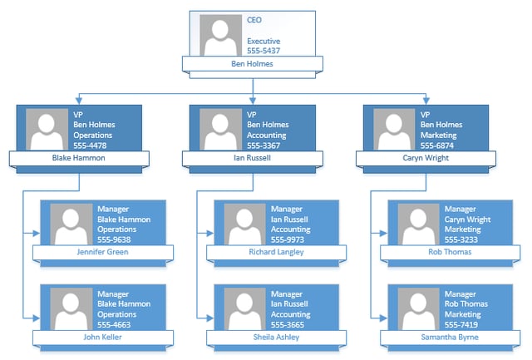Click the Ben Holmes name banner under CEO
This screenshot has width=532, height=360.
[252, 63]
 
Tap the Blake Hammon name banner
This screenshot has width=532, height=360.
[79, 157]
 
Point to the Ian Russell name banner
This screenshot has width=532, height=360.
[253, 157]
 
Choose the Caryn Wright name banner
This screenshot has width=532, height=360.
[426, 157]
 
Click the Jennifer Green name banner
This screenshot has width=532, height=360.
[102, 252]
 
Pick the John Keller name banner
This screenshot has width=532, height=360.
[102, 338]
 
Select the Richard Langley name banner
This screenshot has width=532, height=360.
[276, 252]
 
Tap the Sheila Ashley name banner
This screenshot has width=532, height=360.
[276, 338]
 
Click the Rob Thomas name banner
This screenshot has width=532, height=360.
[450, 252]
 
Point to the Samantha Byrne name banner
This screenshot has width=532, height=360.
[450, 338]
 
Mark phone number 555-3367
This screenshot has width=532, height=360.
[264, 145]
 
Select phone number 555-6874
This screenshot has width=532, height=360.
[437, 145]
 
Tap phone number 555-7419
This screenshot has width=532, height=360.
[461, 325]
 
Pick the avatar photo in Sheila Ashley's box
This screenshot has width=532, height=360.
[245, 308]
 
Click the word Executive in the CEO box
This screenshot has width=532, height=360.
[264, 41]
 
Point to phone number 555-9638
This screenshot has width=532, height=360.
[114, 239]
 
